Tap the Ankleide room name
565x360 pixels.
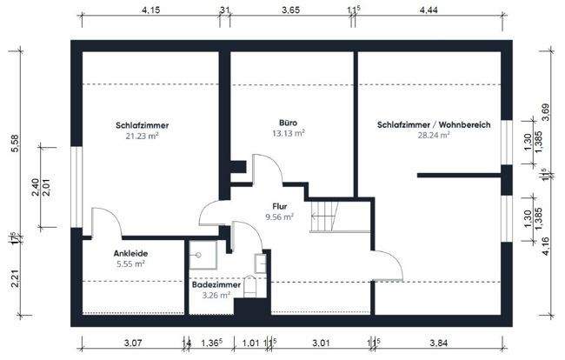coord(129,253)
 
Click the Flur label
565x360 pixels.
coord(280,206)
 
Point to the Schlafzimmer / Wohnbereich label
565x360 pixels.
coord(434,125)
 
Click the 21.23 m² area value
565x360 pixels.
coord(142,136)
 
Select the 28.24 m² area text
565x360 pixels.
coord(434,136)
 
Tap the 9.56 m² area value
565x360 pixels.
coord(280,217)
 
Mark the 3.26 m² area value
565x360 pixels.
coord(216,295)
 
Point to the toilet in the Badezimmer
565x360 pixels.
coord(251,286)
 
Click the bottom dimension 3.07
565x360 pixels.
coord(133,344)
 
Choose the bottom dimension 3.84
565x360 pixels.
coord(441,344)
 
